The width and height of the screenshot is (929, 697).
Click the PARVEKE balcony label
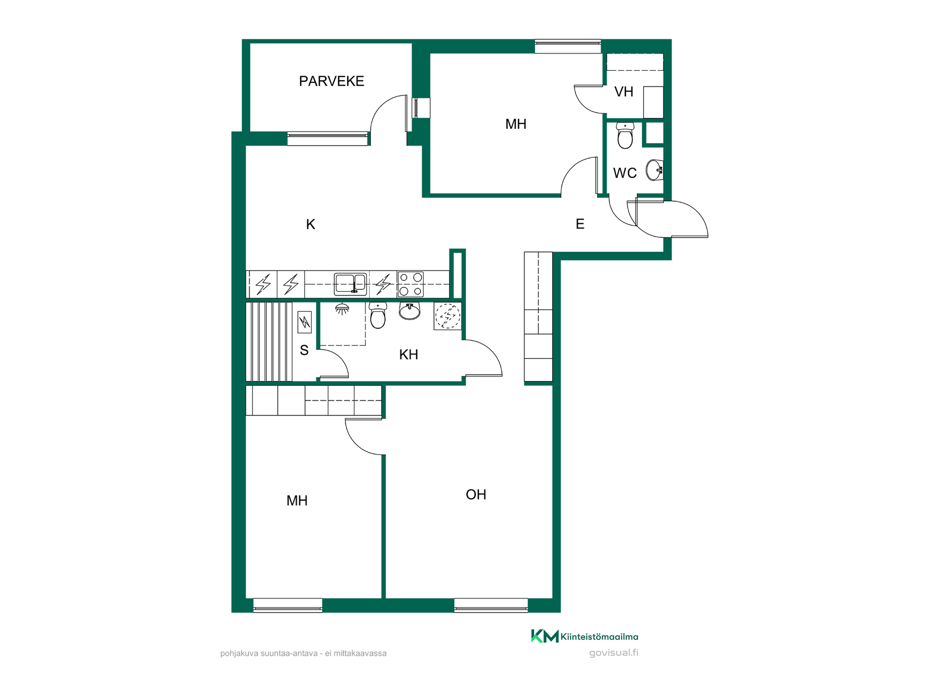[x=331, y=81]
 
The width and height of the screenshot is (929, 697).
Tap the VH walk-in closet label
[x=624, y=91]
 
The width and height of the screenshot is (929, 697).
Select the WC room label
[x=625, y=173]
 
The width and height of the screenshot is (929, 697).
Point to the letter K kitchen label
[x=311, y=224]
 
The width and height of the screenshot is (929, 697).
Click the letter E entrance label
[x=580, y=224]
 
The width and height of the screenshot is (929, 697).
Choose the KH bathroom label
[x=408, y=354]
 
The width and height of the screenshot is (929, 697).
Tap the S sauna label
[x=304, y=350]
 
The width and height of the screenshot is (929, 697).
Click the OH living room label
[x=476, y=494]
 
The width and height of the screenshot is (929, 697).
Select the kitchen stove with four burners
[x=410, y=284]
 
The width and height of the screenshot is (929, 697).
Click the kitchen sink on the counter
[x=350, y=284]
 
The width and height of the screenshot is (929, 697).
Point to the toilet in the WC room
[x=625, y=136]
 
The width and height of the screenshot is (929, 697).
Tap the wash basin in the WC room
[x=655, y=170]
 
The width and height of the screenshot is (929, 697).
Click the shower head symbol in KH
[x=342, y=309]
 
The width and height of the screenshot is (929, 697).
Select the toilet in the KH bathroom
[x=378, y=316]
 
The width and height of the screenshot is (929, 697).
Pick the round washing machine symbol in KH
[x=448, y=316]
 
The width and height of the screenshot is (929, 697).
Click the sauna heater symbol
[x=304, y=322]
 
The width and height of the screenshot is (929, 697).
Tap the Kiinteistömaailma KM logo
[x=584, y=636]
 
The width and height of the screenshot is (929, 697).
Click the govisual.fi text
[x=614, y=652]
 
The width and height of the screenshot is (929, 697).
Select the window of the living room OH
[x=491, y=606]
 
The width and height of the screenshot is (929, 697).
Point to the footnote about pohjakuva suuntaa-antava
[x=303, y=653]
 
